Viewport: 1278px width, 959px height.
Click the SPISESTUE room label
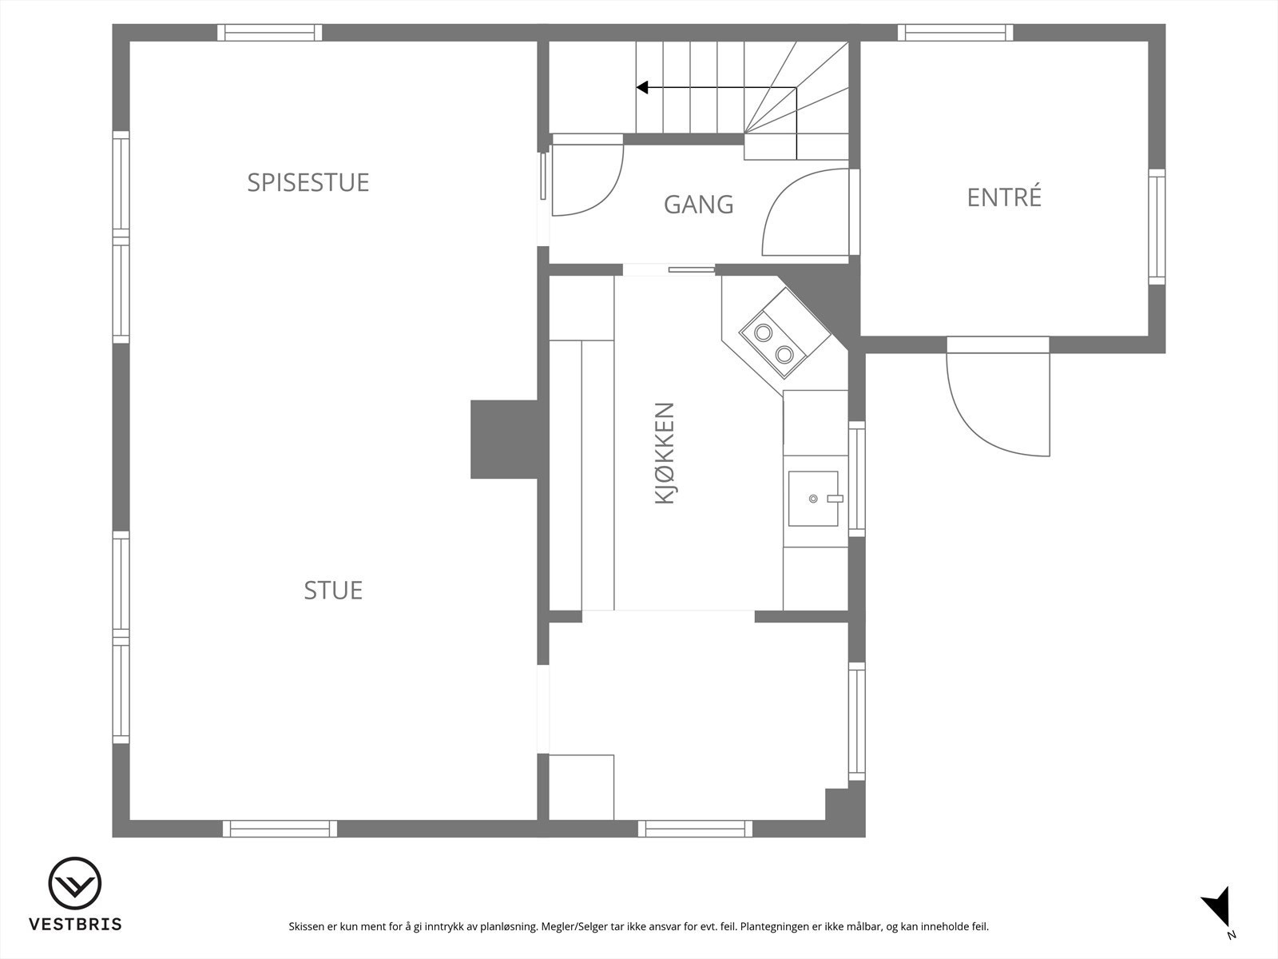308,182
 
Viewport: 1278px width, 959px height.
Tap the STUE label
333,591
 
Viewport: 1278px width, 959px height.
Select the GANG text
698,205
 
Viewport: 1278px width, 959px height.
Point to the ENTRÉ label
1004,197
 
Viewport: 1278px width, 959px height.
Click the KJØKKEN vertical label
665,453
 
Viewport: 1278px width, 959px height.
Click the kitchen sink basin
813,499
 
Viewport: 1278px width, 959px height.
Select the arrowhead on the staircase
641,87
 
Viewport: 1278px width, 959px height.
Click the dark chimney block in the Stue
503,440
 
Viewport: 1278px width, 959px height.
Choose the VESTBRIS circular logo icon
75,885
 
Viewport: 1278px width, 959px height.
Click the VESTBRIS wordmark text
75,925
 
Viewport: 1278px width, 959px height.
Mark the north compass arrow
1217,909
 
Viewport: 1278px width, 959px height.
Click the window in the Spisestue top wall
270,33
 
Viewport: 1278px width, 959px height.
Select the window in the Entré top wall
955,33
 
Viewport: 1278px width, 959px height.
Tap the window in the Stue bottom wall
280,829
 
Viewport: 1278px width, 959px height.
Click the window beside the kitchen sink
856,478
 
